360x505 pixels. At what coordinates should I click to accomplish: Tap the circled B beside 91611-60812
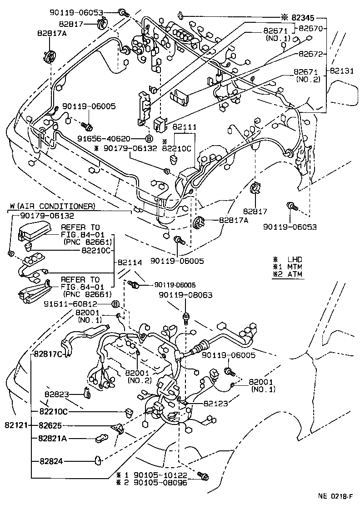115,304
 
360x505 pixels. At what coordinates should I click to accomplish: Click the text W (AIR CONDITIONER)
51,206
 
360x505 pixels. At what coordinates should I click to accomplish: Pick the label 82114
130,263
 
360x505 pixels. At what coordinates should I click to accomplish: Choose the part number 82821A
53,439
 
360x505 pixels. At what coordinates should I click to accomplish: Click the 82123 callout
215,403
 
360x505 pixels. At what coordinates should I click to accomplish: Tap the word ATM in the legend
295,274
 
